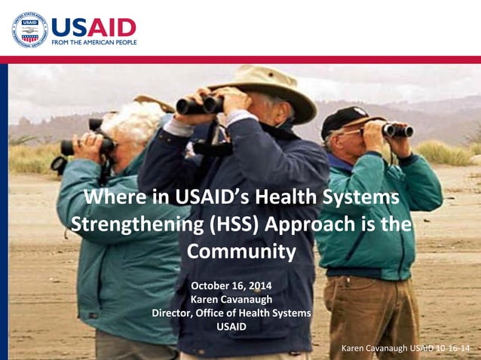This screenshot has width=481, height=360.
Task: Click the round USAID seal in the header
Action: tap(29, 30)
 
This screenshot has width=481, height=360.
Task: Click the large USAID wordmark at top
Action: tap(93, 28)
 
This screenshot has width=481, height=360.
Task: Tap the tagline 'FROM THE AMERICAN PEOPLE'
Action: tap(93, 43)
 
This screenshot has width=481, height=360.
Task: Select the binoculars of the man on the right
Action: tap(397, 130)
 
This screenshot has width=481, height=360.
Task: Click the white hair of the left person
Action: tap(136, 121)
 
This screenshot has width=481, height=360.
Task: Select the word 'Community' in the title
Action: tap(240, 252)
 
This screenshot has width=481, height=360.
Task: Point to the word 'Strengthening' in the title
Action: tap(127, 225)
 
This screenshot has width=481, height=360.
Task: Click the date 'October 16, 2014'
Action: tap(231, 285)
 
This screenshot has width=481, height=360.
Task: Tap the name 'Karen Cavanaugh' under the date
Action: tap(231, 299)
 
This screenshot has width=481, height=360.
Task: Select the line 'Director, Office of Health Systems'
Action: tap(231, 313)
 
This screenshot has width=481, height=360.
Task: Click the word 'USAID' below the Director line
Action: tap(231, 326)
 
